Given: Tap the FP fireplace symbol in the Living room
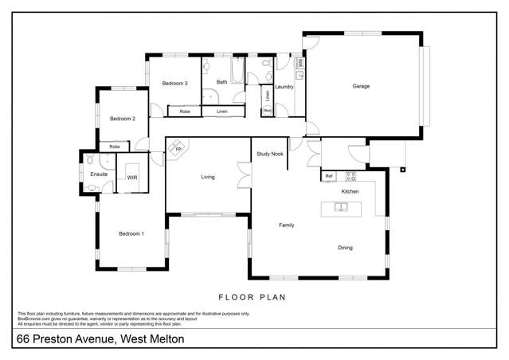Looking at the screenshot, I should (x=178, y=150).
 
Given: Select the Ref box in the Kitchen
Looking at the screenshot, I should (x=328, y=175).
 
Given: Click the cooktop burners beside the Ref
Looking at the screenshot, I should (x=348, y=175).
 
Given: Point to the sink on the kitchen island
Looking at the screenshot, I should (x=340, y=207).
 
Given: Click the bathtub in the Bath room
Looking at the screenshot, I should (x=237, y=69).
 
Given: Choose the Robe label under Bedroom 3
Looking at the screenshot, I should (x=185, y=112).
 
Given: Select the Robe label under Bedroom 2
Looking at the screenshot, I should (x=115, y=147).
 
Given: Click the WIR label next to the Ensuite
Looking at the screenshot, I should (x=132, y=178).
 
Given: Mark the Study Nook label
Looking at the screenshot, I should (x=270, y=154).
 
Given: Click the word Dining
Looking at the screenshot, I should (x=345, y=248).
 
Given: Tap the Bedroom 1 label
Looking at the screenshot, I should (x=131, y=233).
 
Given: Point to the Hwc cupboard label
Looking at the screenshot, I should (x=268, y=111).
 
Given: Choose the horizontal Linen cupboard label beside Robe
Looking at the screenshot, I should (x=221, y=112).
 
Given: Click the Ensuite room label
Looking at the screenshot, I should (x=99, y=174).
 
